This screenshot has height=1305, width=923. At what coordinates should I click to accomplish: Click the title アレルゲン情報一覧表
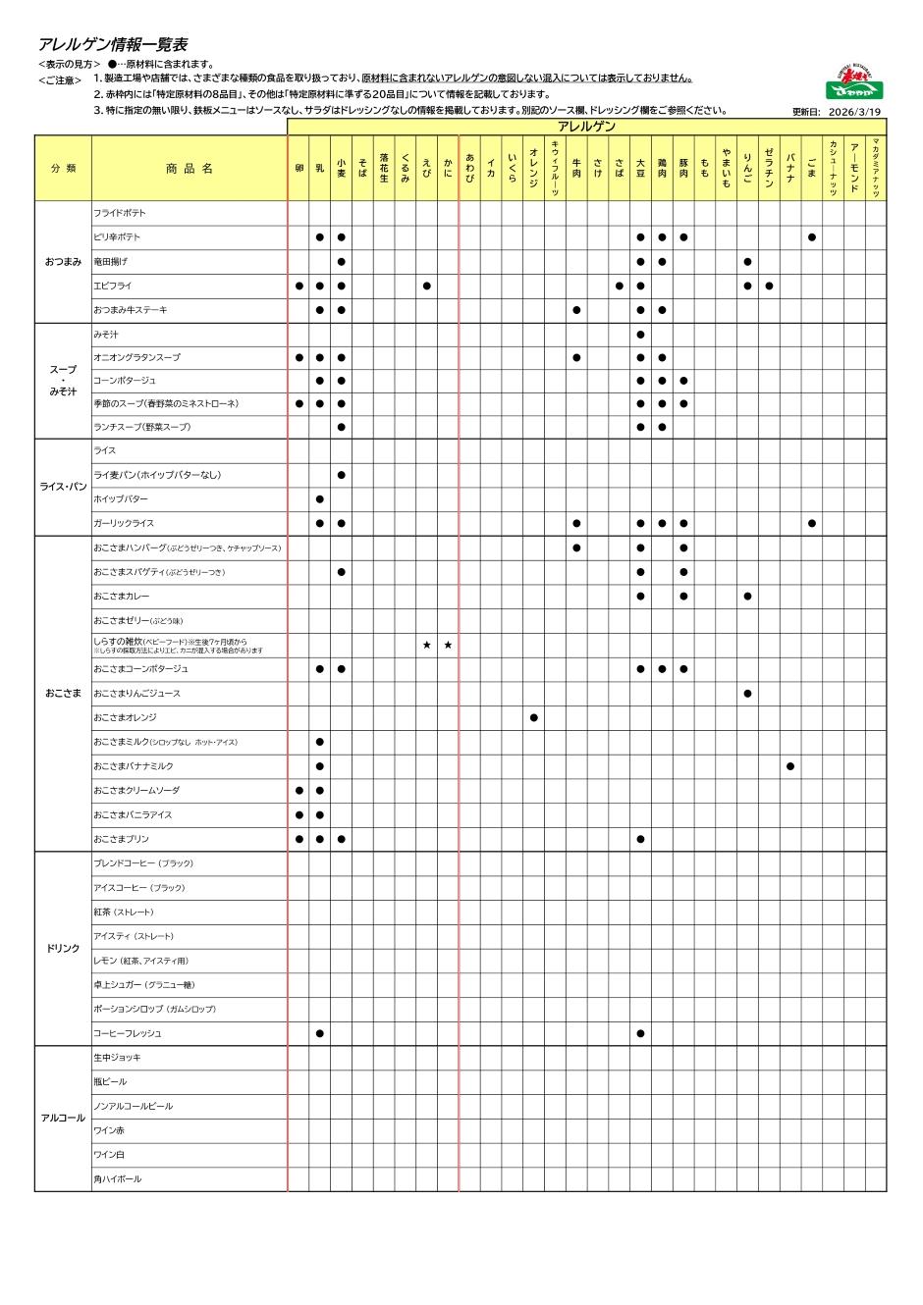coord(112,45)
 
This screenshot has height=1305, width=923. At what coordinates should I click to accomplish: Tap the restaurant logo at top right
coord(853,82)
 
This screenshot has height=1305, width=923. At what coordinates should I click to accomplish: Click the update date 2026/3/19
coord(855,112)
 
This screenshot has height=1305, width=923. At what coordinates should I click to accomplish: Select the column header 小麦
coord(341,168)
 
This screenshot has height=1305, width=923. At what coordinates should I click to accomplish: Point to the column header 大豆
coord(640,168)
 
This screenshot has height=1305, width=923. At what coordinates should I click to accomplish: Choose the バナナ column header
coord(790,168)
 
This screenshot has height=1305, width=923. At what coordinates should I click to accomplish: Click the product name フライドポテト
coord(120,213)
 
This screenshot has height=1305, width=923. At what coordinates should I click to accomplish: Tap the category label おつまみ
coord(63,262)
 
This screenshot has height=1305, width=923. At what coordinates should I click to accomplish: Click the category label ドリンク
coord(63,949)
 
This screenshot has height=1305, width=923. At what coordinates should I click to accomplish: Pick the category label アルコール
coord(63,1118)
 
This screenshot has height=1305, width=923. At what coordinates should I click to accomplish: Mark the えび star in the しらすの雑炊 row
coord(426,645)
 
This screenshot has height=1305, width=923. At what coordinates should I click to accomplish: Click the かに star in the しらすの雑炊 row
coord(448,645)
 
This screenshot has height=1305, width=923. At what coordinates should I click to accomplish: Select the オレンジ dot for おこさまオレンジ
coord(533,717)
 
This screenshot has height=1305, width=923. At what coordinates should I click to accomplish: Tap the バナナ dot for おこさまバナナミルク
coord(790,766)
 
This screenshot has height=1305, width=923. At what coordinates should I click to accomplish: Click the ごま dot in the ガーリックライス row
coord(812,523)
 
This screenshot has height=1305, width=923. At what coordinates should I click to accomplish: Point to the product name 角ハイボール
coord(118,1178)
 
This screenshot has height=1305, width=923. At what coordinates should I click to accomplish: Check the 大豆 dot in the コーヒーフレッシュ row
coord(640,1033)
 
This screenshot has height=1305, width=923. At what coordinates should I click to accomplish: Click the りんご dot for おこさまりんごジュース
coord(747,694)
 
